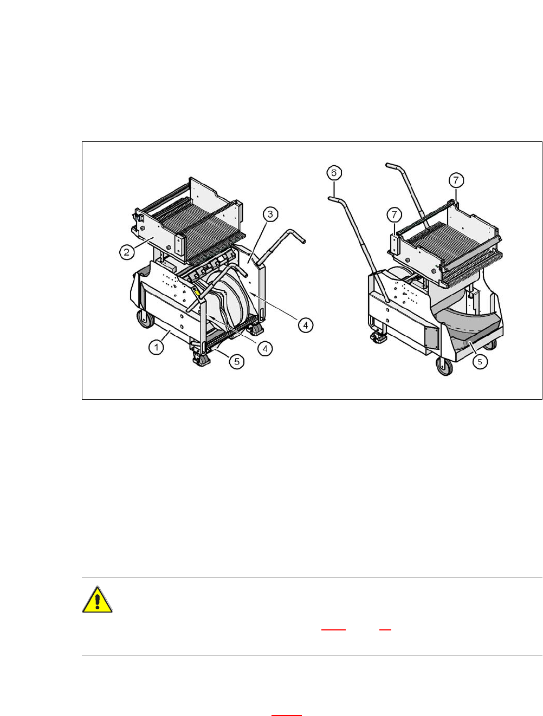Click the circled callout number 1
156,347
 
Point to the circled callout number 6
334,173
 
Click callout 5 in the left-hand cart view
236,362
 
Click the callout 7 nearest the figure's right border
456,179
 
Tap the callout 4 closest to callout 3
306,325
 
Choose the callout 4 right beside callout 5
264,349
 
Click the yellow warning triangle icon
98,600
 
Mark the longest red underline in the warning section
333,630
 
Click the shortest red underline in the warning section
385,630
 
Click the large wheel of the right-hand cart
445,368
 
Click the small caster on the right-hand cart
378,337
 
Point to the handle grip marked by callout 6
335,199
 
